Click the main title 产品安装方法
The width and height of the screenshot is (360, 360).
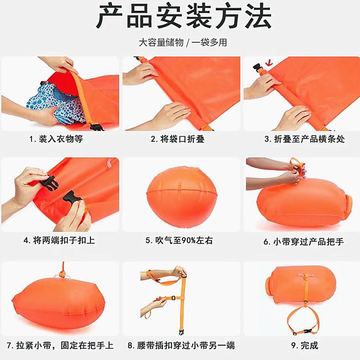pos(184,16)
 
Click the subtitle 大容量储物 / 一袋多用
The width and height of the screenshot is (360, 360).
pos(183,42)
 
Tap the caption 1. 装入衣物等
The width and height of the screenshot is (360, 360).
pos(56,139)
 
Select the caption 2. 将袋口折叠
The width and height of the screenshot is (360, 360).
pos(177,139)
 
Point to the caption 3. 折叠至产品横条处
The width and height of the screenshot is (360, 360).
pos(305,139)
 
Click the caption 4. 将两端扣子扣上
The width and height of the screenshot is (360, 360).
pos(59,240)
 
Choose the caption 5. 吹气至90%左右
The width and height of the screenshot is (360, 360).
pos(179,240)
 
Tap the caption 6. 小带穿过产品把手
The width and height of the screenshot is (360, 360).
pos(303,242)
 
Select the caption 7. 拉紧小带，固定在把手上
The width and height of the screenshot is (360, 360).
pos(60,345)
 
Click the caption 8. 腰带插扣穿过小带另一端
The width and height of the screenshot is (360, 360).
pos(181,345)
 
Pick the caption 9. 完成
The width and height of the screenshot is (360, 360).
pos(305,345)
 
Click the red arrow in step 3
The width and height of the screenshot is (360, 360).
pos(269,63)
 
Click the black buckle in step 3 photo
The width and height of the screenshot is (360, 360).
pos(258,68)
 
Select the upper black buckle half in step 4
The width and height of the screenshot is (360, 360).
pos(49,184)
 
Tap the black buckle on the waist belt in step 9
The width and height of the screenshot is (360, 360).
pos(308,331)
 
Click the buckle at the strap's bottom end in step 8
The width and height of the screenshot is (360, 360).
pos(182,331)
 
